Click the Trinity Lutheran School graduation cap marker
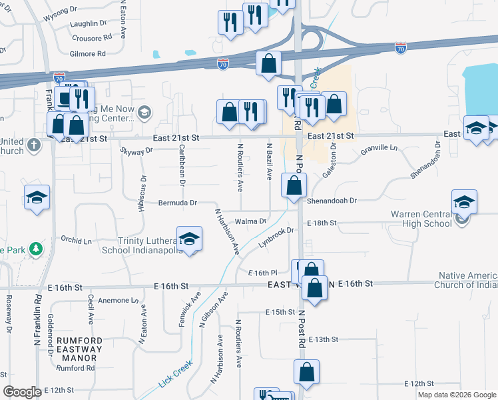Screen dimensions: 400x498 189,239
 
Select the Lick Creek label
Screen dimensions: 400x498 175,377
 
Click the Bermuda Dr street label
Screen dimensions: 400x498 178,203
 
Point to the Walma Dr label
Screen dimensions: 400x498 250,221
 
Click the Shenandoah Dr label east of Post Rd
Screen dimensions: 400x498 332,200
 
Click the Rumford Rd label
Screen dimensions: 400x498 75,367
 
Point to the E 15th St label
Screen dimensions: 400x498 280,312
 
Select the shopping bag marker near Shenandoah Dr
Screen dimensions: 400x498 293,186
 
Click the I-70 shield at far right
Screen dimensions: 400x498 400,48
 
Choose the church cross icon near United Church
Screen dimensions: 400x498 35,144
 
